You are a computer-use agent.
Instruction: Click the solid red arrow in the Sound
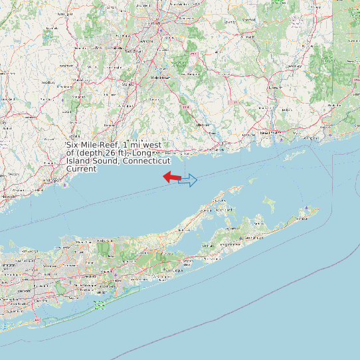click(x=172, y=177)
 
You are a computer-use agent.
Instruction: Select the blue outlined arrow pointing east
click(x=188, y=180)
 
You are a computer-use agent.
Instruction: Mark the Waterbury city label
click(x=66, y=67)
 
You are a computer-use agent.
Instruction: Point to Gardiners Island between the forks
click(x=268, y=201)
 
